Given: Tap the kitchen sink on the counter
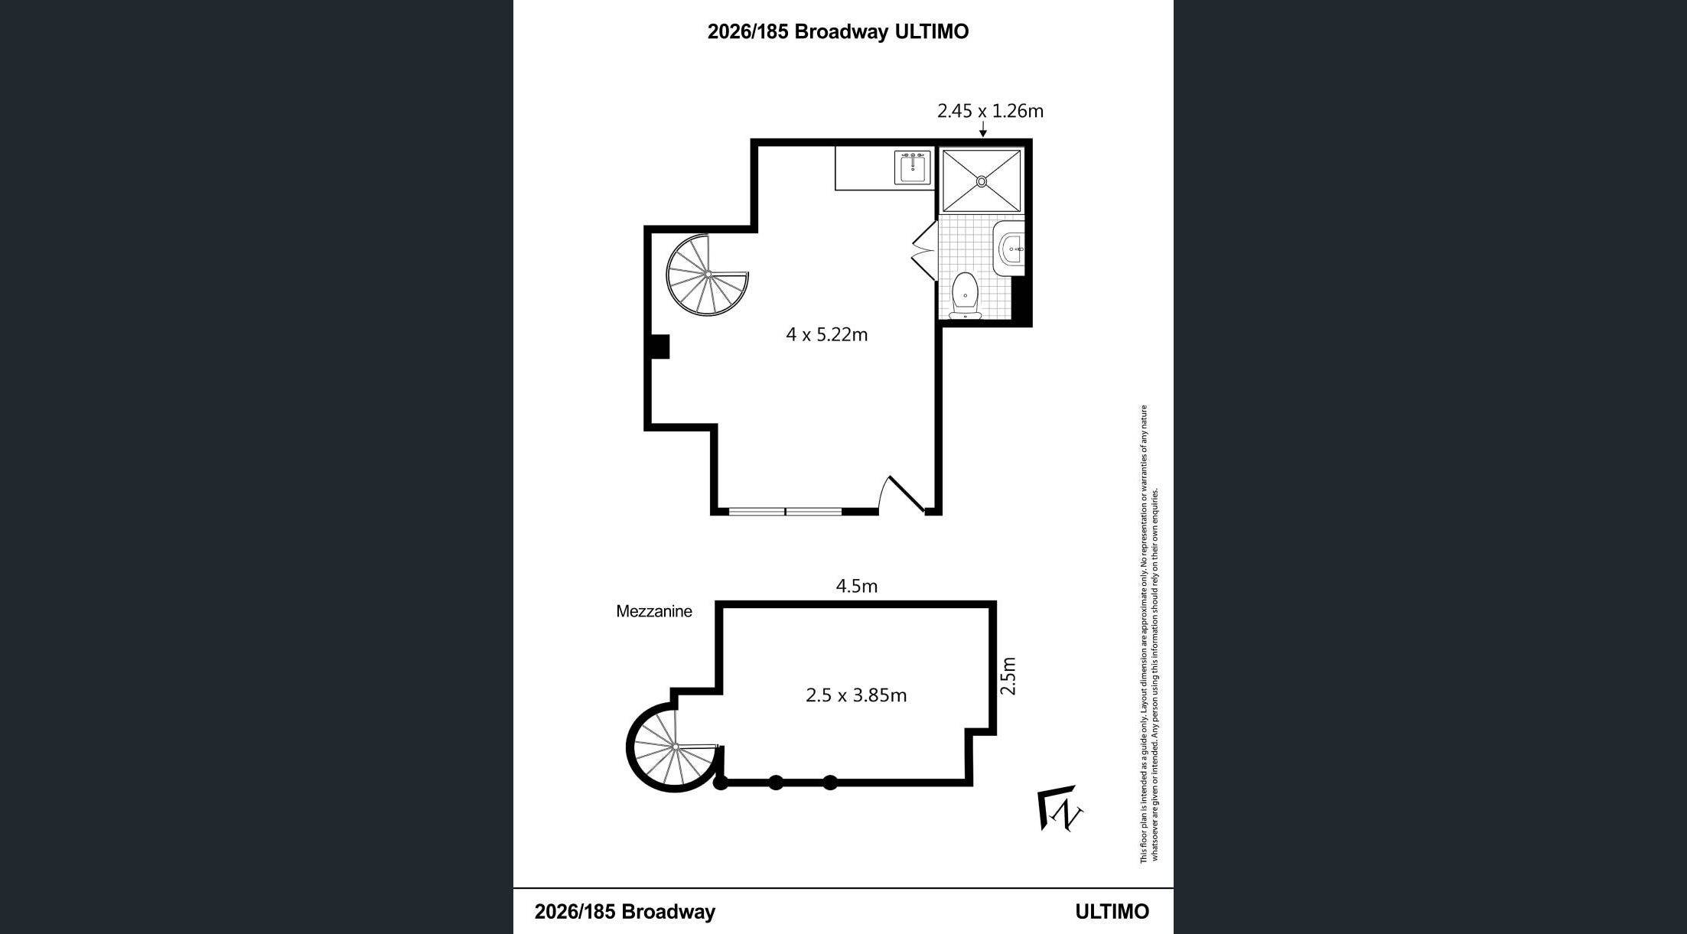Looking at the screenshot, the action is (914, 168).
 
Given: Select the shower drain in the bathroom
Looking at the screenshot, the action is (982, 181).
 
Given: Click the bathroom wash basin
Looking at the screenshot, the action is (1010, 249).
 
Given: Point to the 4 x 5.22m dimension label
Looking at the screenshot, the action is (827, 334).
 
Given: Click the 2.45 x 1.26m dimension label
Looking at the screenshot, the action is (991, 111).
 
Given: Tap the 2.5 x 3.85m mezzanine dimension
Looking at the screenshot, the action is (856, 695).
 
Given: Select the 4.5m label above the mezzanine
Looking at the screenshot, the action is (857, 586).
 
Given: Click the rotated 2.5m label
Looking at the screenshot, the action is (1009, 675).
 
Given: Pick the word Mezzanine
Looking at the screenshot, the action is (654, 611).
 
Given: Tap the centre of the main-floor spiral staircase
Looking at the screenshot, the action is (708, 274).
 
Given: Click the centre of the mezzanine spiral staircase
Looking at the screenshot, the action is (676, 747).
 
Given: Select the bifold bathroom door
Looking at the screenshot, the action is (925, 249).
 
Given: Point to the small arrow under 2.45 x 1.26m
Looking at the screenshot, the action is (982, 130).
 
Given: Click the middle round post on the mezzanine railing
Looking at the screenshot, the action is (776, 783).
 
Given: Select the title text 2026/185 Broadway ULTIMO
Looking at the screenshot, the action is (838, 31).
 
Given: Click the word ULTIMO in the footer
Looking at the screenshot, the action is (1112, 912).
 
